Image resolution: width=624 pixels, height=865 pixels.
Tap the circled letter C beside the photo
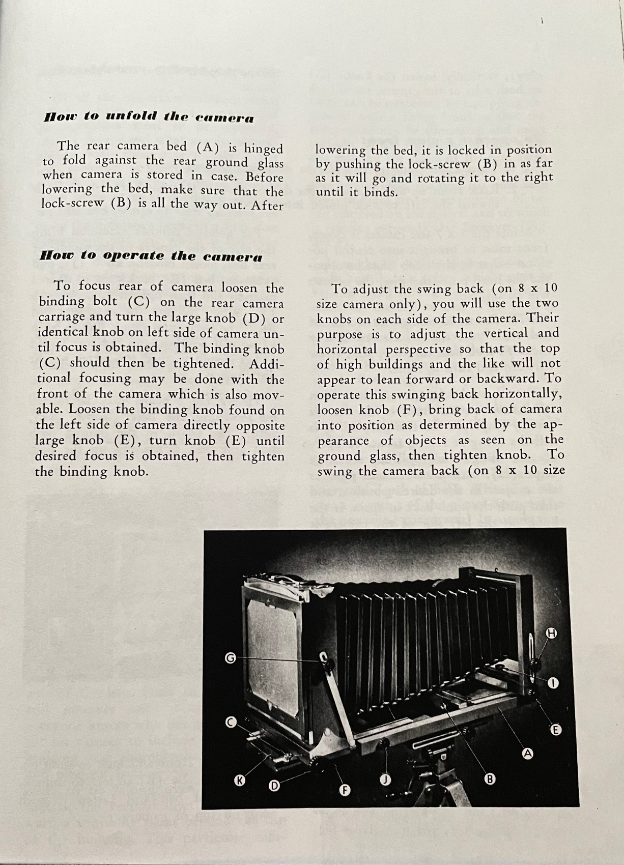point(231,722)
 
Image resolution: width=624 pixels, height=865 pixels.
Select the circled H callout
point(552,633)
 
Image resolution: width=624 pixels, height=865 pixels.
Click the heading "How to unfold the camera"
point(149,118)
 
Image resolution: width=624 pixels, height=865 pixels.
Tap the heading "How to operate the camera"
point(151,256)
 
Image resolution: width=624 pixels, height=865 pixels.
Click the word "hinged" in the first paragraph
point(263,149)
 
